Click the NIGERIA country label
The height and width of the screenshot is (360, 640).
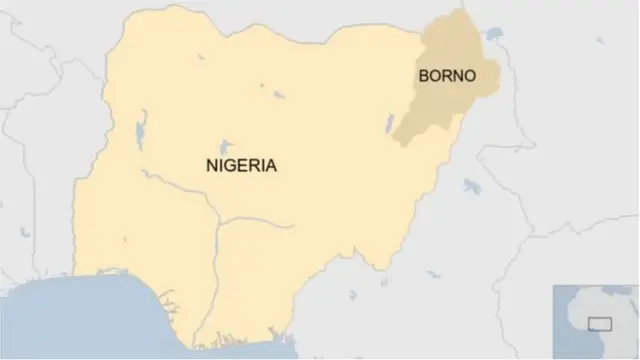tap(240, 166)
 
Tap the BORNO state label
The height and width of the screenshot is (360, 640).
tap(445, 76)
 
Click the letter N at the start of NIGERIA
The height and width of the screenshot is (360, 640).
tap(209, 166)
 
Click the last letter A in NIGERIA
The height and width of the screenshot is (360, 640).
tap(271, 166)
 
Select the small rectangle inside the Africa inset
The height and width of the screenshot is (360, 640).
tap(600, 322)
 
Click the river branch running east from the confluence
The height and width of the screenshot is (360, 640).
tap(260, 221)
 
